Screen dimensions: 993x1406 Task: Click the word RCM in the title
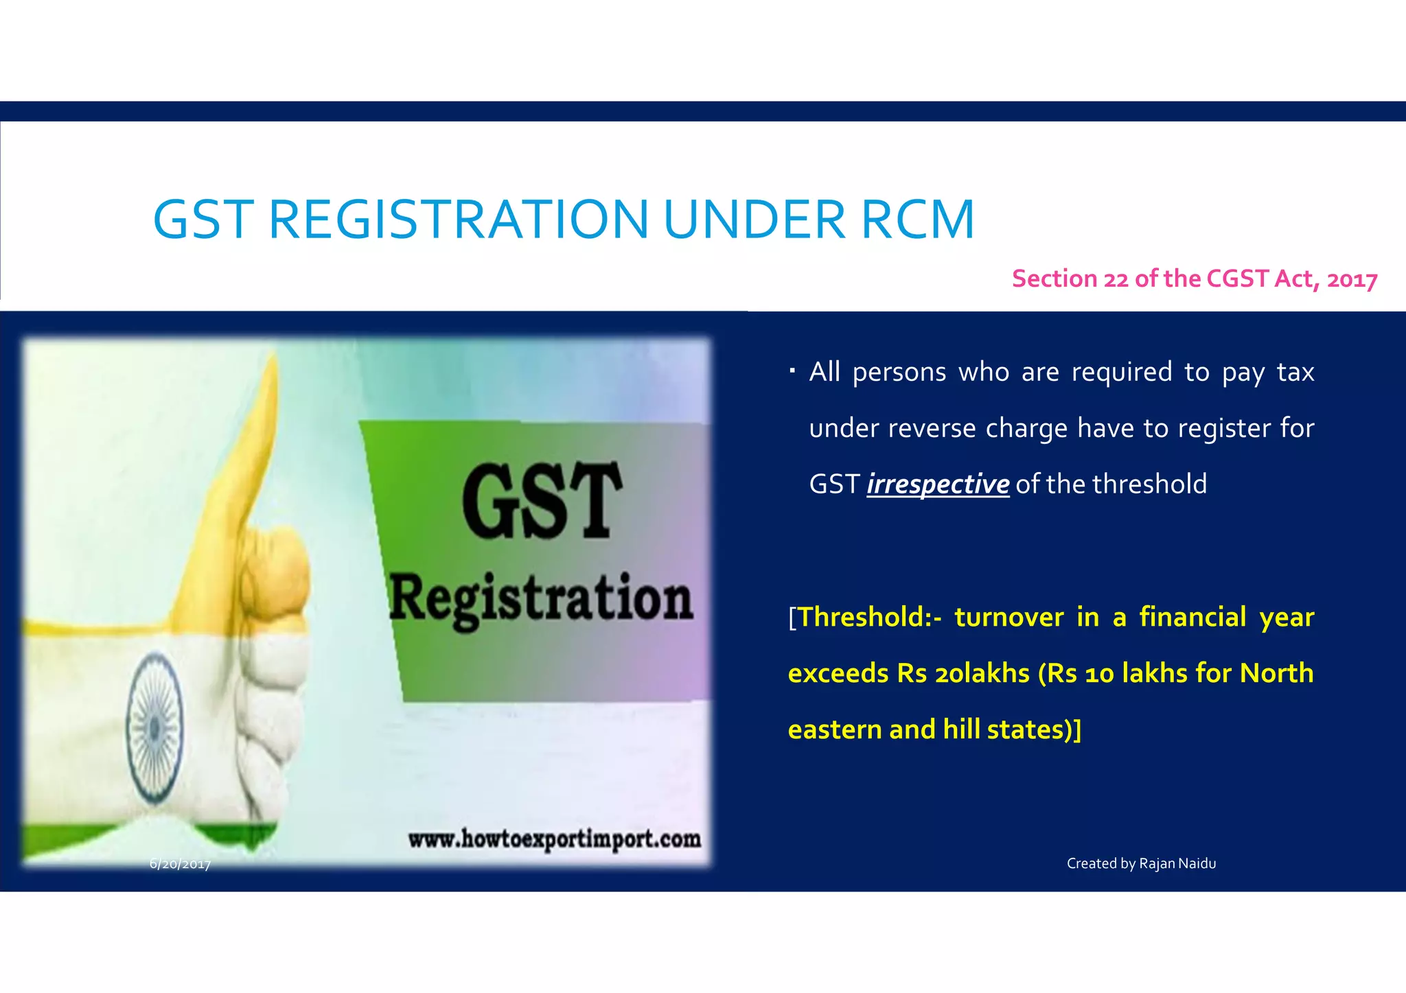[917, 220]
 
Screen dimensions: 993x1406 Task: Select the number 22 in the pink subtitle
[1116, 279]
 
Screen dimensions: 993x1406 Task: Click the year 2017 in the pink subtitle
[1352, 280]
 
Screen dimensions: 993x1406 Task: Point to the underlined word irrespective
[938, 484]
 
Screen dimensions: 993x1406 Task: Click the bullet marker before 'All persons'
[792, 371]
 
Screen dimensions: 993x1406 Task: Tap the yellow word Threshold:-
[870, 617]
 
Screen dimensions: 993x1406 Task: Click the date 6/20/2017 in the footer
[180, 864]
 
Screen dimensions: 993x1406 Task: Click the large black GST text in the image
[542, 500]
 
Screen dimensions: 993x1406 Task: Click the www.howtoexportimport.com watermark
[555, 839]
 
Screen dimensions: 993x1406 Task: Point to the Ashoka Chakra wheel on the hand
[155, 727]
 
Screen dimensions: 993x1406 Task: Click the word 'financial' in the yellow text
[1192, 617]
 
